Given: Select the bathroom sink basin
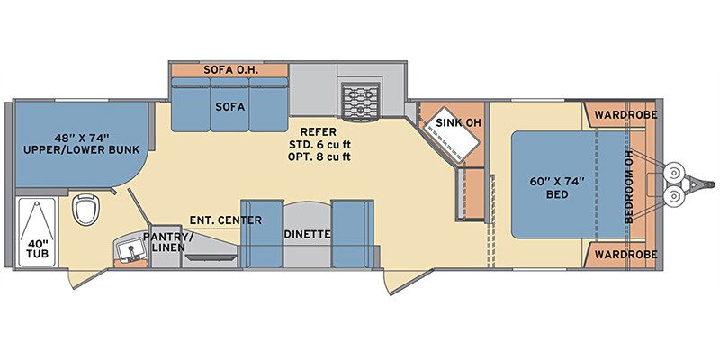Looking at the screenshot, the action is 130,250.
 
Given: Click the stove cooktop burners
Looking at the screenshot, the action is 361,102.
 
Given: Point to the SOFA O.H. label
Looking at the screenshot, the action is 231,70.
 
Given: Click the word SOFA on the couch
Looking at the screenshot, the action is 230,107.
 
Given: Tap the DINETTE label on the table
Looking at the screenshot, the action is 307,234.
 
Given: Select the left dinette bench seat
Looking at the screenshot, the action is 261,234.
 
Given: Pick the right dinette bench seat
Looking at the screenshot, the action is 352,234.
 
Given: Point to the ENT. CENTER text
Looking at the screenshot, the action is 226,220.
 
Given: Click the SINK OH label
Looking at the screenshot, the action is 454,123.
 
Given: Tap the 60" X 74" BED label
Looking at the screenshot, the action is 556,187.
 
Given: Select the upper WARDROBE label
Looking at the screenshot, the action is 625,115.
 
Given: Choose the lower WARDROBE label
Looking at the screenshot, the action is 625,255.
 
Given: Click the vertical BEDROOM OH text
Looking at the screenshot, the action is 628,186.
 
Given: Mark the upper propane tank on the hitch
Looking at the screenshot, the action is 673,173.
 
